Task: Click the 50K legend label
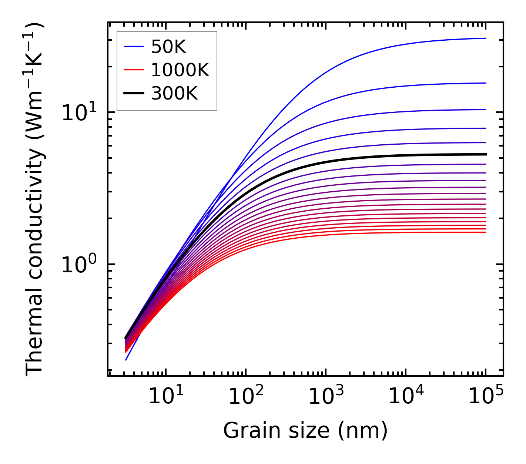168,47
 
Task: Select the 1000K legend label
180,70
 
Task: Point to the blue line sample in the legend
134,47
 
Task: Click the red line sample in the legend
134,70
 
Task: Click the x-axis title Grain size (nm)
305,431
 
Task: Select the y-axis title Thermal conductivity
35,200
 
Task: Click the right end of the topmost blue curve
485,38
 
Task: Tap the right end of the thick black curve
485,154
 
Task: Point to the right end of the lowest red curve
485,232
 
